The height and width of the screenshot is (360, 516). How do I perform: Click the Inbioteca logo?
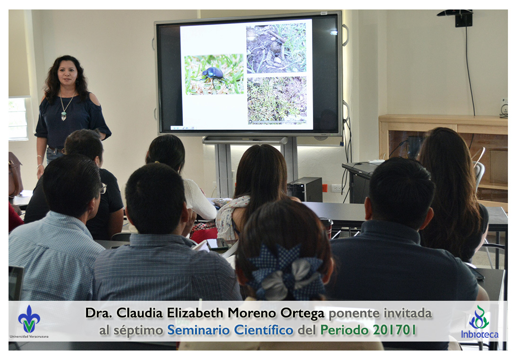coord(480,323)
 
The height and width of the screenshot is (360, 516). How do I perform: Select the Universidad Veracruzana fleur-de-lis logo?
coord(29,319)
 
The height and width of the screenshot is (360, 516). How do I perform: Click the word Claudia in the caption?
coord(140,313)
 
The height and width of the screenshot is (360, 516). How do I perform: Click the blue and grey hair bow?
coord(285,272)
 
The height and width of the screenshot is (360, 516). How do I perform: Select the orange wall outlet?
coord(325,188)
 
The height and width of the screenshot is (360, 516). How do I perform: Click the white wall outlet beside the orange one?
coord(336,188)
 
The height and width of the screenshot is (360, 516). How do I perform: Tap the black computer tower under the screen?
coord(305,189)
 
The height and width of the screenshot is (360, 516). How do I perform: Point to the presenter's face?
coord(68,73)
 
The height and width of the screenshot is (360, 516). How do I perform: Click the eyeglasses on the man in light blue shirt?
coord(103,189)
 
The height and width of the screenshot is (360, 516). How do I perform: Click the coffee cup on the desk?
coord(327,227)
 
